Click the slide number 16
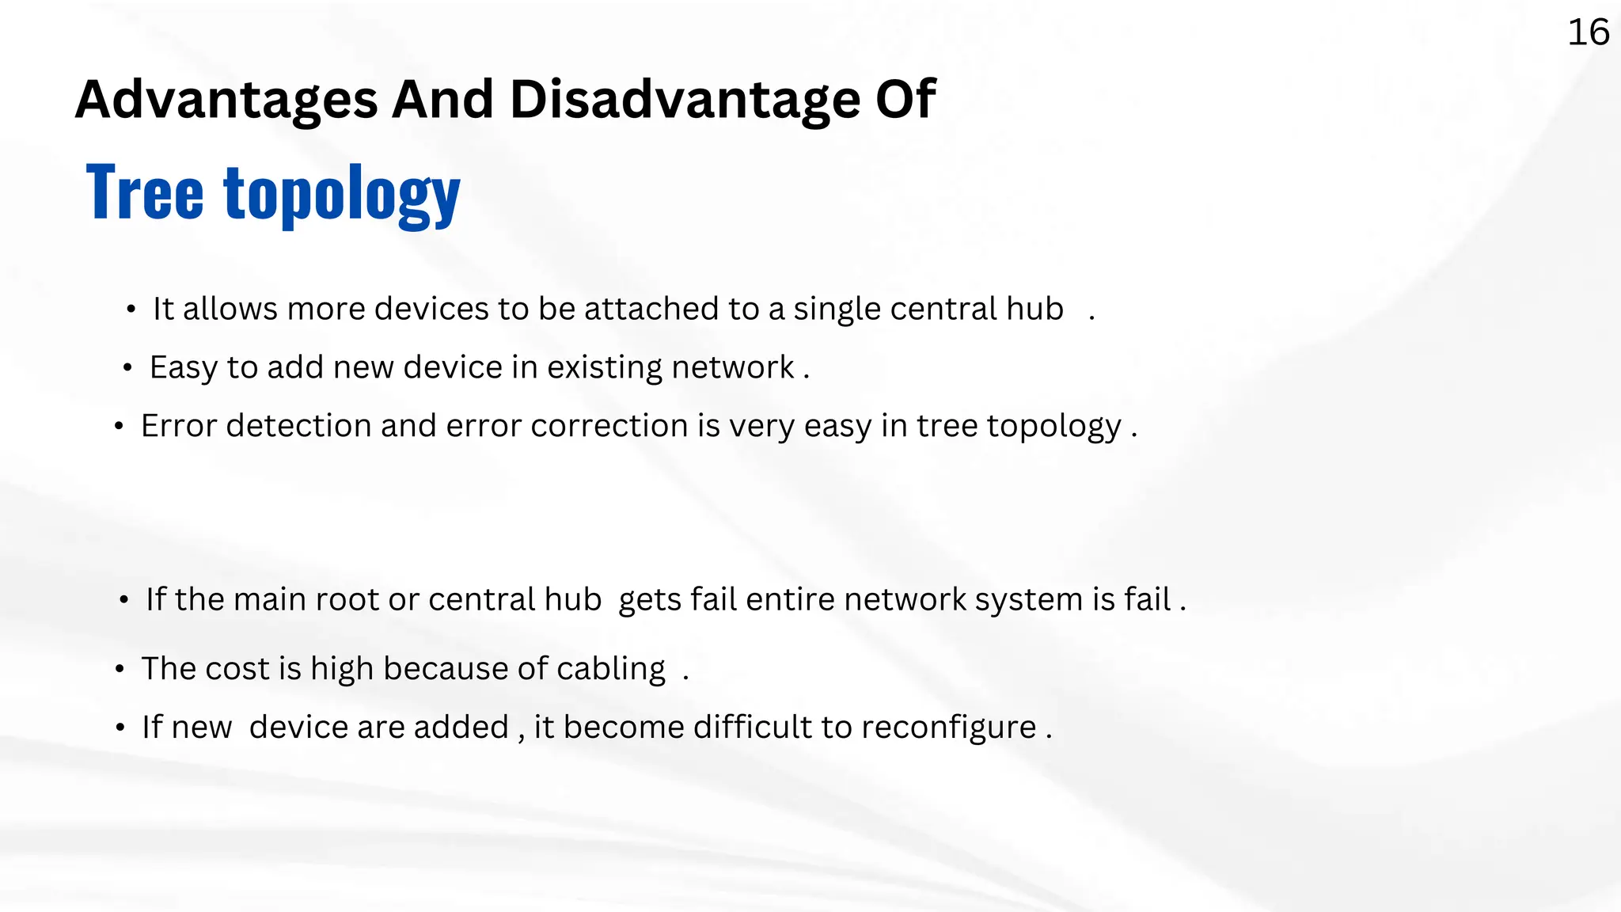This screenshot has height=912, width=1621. [x=1588, y=33]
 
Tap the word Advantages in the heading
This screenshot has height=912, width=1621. [x=226, y=101]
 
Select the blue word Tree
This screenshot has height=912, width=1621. [x=145, y=192]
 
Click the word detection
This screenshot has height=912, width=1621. [x=298, y=426]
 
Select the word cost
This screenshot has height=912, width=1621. [x=237, y=670]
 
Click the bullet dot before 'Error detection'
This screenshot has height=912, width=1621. [x=119, y=427]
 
